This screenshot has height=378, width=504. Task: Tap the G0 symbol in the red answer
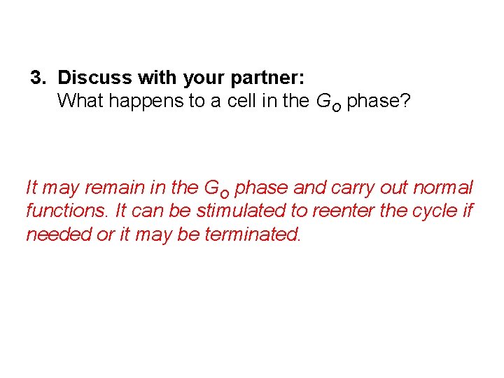click(x=216, y=189)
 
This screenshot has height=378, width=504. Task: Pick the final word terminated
click(x=253, y=234)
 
